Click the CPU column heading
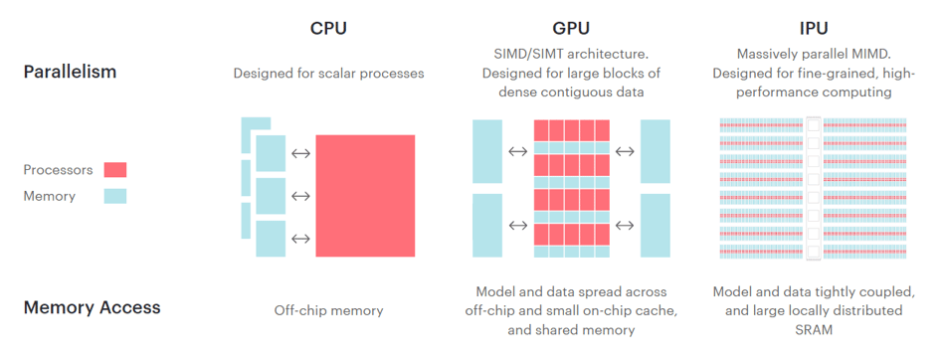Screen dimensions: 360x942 coord(328,28)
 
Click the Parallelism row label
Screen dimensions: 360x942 coord(70,73)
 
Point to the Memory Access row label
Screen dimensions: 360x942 coord(92,307)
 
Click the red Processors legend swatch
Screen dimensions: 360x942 coord(114,170)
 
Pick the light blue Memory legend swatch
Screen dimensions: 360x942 coord(114,196)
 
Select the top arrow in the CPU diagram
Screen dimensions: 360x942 coord(300,153)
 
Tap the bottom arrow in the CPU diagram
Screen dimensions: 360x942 coord(300,239)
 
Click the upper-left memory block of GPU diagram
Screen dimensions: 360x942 coord(487,151)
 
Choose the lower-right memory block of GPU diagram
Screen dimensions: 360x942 coord(657,226)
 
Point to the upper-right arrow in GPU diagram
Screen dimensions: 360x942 coord(625,152)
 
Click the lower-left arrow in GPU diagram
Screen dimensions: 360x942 coord(517,226)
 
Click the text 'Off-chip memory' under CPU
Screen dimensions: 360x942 coord(328,311)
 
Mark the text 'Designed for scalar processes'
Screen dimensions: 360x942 coord(328,73)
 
